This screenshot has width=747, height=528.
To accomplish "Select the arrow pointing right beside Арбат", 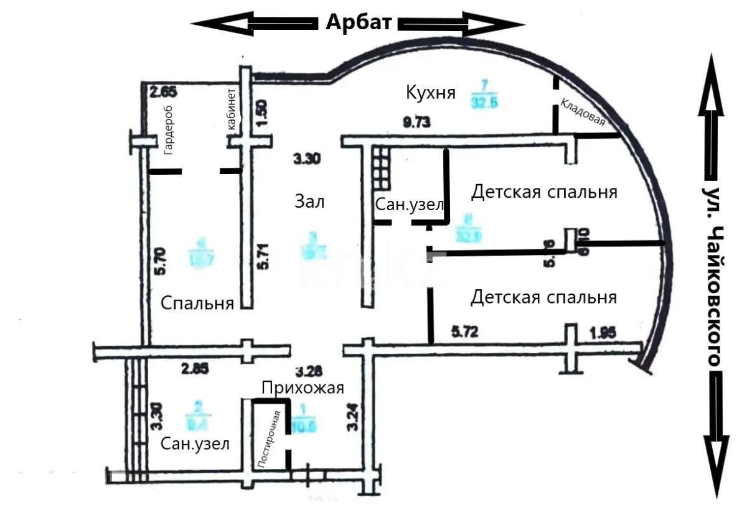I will (x=461, y=24).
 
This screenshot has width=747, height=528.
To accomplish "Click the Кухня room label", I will (x=431, y=93).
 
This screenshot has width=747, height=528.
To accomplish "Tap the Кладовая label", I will (x=583, y=112).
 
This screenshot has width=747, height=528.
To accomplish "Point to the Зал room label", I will (x=309, y=201).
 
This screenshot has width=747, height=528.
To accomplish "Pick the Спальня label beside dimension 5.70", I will (x=197, y=303).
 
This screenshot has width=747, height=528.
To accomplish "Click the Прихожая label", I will (x=303, y=388).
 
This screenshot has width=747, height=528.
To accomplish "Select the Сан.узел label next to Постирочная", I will (x=195, y=444).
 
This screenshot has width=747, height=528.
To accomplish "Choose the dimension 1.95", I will (x=602, y=333).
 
